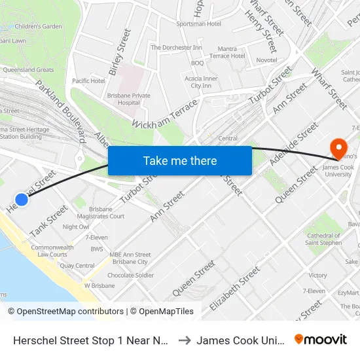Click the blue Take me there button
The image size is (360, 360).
(180, 160)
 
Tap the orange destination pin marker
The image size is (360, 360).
(338, 147)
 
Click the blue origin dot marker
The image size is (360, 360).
(22, 200)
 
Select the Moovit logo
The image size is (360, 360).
(321, 339)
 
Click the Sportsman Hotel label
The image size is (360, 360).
(198, 24)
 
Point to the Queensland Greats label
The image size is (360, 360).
(28, 70)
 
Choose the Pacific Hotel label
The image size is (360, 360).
(88, 81)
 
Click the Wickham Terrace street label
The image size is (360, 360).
(164, 114)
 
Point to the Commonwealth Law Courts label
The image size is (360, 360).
(49, 251)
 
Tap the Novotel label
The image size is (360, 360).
(266, 60)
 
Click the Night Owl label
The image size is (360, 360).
(76, 226)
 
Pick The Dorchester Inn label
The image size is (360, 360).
(176, 48)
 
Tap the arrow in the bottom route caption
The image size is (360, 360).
(183, 340)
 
